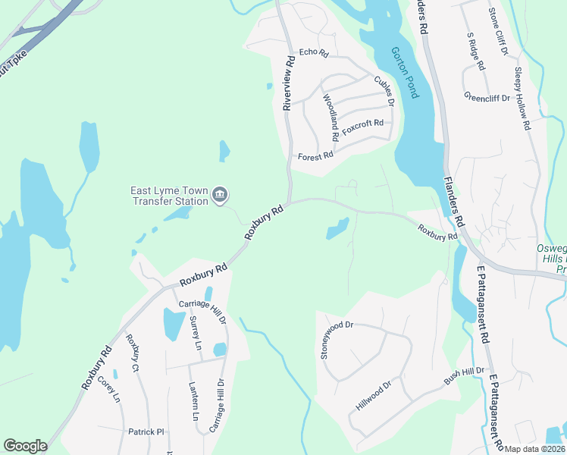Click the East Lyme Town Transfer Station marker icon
(x=220, y=196)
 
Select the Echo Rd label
(x=312, y=53)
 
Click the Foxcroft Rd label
(x=363, y=126)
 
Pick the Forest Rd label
(x=315, y=156)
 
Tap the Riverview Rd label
(x=287, y=83)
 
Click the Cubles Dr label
(x=384, y=90)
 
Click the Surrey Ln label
(x=196, y=332)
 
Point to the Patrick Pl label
(x=146, y=431)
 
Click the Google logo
(x=25, y=446)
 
